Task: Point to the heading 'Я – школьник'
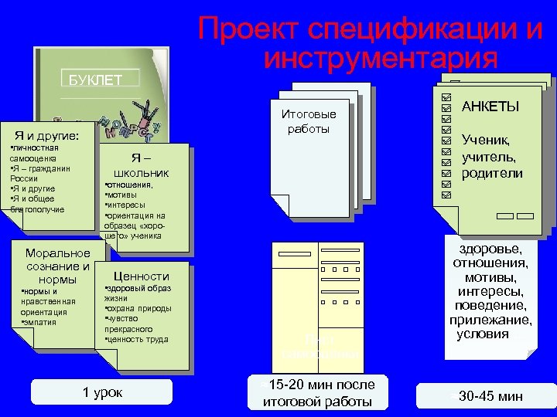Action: coord(141,165)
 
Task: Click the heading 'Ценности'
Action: coord(141,276)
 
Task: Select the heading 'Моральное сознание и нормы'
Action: coord(57,266)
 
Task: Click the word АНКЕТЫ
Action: coord(490,106)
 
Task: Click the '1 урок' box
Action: coord(102,392)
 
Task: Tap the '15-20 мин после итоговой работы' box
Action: coord(318,392)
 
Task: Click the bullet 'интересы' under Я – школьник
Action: coord(126,205)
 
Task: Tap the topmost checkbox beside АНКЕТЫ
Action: coord(445,100)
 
